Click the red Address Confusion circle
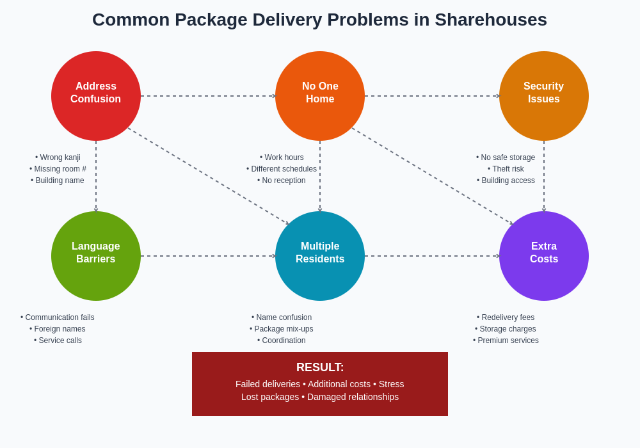tap(96, 96)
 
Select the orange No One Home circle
tap(320, 96)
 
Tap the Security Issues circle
tap(544, 96)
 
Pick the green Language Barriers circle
tap(96, 256)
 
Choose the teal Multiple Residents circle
tap(320, 256)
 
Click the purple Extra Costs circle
tap(544, 256)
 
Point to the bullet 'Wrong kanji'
tap(58, 157)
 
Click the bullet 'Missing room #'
tap(58, 169)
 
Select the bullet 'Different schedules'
tap(282, 169)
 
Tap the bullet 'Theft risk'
tap(506, 169)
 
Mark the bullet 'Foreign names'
tap(58, 329)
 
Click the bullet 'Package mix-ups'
tap(282, 329)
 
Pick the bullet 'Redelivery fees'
tap(506, 317)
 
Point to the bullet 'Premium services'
tap(506, 340)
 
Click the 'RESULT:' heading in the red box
tap(320, 367)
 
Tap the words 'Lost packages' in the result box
tap(270, 397)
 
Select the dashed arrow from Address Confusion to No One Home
tap(208, 96)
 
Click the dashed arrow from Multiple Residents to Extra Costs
tap(432, 256)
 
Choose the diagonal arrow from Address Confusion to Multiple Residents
tap(208, 176)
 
